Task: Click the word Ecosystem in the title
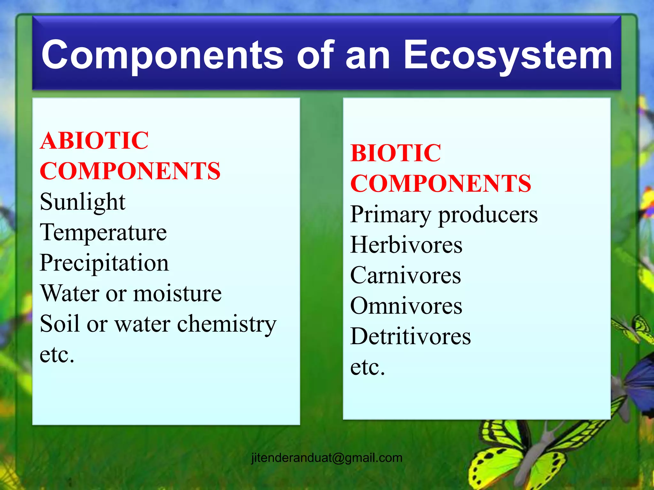point(508,55)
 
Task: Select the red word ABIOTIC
point(94,141)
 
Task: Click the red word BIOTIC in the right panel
point(396,153)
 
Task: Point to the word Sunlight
point(83,202)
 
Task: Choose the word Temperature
point(103,232)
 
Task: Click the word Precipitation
point(104,263)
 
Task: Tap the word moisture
point(178,293)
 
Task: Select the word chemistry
point(227,324)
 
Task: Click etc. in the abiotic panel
point(57,355)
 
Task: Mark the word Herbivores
point(406,245)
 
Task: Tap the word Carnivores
point(406,275)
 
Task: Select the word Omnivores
point(406,306)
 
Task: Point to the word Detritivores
point(410,337)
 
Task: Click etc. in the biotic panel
point(368,367)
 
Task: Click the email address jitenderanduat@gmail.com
point(327,458)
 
